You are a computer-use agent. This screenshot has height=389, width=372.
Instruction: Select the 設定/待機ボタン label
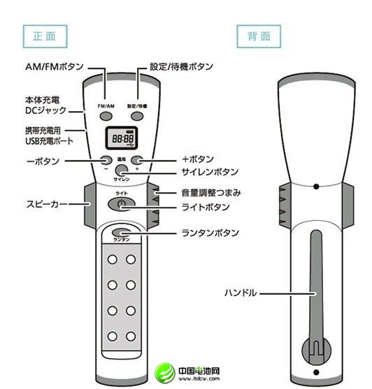pyautogui.click(x=181, y=66)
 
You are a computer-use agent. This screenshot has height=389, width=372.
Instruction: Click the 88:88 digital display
pyautogui.click(x=120, y=139)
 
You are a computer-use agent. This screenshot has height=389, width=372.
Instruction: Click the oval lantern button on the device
pyautogui.click(x=122, y=233)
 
